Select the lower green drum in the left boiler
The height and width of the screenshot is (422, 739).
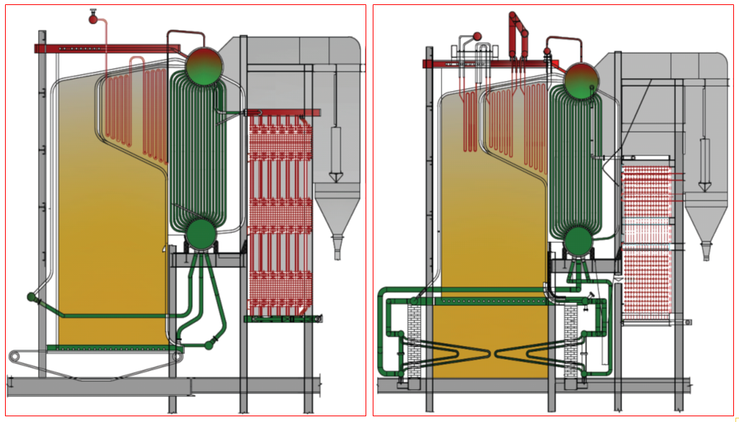click(x=202, y=234)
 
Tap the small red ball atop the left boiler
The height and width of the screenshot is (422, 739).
click(x=92, y=19)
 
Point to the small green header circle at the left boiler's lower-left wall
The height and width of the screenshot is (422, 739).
click(x=31, y=297)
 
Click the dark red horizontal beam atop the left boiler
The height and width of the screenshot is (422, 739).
click(x=108, y=48)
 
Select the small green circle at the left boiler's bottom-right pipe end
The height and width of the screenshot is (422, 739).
click(x=209, y=345)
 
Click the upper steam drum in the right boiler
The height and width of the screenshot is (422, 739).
click(x=581, y=81)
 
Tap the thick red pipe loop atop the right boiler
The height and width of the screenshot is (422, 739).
click(x=519, y=32)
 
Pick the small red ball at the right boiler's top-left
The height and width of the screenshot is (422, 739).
click(x=476, y=36)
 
